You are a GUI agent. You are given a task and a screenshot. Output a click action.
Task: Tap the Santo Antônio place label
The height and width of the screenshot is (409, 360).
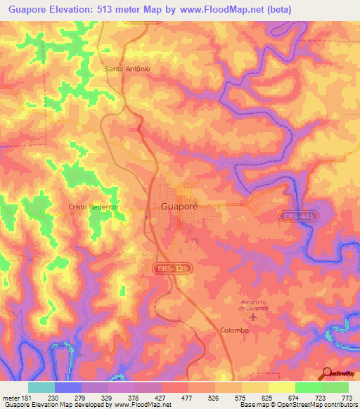click(x=127, y=69)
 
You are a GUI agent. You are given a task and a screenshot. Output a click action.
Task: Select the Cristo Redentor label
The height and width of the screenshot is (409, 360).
click(x=91, y=207)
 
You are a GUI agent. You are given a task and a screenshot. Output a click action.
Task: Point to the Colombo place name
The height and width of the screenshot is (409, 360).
click(x=236, y=330)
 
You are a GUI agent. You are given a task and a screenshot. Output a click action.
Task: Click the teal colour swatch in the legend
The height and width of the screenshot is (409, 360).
click(x=41, y=387)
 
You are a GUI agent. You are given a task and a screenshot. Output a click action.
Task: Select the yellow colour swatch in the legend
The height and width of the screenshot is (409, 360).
click(x=281, y=387)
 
